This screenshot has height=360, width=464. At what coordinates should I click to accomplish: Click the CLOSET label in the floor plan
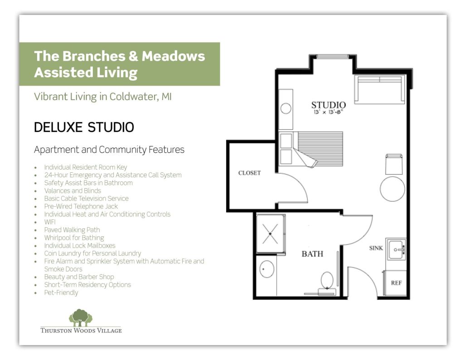coord(250,173)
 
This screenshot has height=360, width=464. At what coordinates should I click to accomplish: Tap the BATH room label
coord(312,254)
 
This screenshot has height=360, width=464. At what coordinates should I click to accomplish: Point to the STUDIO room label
coord(329,105)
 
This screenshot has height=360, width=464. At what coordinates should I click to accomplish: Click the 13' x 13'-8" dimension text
coord(328,112)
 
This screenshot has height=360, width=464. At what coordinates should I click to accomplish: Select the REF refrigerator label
coord(396,283)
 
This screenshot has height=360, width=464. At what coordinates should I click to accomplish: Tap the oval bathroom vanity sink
coord(266,269)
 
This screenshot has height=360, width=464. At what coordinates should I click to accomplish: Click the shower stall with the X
coord(270,234)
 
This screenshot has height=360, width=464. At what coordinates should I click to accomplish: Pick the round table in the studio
coord(392,189)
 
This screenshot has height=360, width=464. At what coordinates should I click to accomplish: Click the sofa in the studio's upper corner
coord(380,89)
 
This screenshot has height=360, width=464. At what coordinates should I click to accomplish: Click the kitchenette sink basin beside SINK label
coord(396,249)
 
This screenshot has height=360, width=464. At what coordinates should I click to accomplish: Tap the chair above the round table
coord(394,164)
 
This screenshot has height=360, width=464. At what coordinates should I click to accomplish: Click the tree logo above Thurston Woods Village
coord(81,317)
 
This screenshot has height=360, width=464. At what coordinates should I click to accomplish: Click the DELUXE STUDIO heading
coord(84,127)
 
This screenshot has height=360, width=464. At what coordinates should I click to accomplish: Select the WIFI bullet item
coord(50,222)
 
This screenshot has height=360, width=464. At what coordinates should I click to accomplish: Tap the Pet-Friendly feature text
coord(61,292)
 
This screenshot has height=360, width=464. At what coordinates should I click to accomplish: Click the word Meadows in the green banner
coord(173,56)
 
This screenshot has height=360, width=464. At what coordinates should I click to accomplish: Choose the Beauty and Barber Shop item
coord(79,277)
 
